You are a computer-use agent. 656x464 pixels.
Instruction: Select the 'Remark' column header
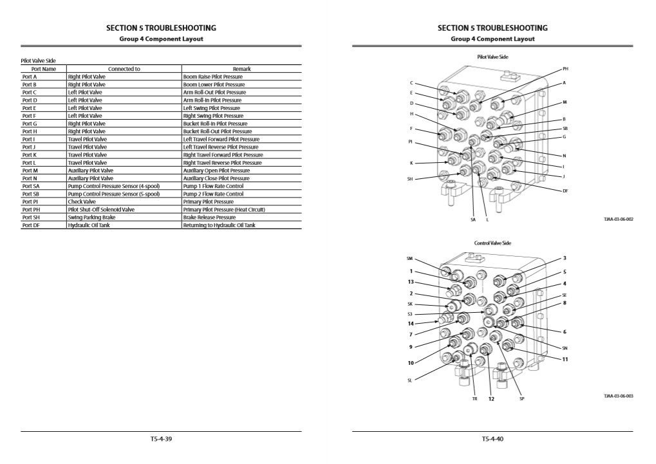click(x=241, y=69)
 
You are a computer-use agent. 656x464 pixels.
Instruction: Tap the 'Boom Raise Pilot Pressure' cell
click(x=213, y=77)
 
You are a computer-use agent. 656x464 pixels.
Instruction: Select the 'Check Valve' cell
click(x=82, y=201)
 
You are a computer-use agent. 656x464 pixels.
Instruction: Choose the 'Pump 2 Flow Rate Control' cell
click(x=213, y=194)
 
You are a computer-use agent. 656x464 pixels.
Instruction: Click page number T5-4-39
click(x=161, y=439)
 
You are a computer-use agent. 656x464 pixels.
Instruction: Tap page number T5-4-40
click(x=492, y=439)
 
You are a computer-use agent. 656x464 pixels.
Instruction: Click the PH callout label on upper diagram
click(x=565, y=68)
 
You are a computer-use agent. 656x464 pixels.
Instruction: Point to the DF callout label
click(x=565, y=190)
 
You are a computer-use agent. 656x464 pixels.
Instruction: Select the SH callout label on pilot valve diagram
click(x=410, y=179)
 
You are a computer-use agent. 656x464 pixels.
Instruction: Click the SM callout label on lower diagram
click(x=409, y=259)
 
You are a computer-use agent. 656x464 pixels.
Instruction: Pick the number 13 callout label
click(x=410, y=282)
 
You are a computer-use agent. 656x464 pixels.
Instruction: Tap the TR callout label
click(x=474, y=399)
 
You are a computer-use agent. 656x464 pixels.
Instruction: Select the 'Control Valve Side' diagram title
click(x=492, y=243)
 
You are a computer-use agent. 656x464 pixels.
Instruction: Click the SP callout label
click(x=522, y=399)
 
